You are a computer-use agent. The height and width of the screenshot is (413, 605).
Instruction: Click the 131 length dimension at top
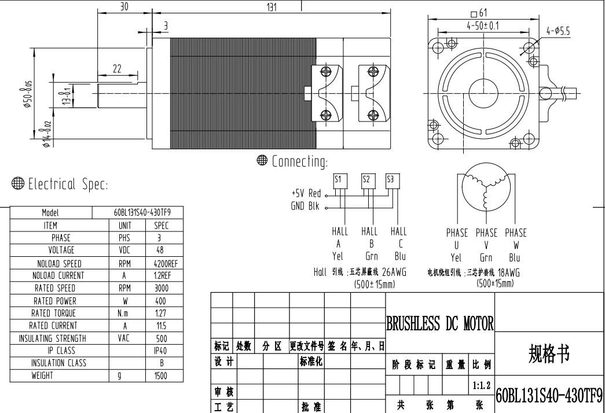click(272, 8)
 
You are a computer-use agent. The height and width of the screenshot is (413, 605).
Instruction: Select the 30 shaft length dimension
click(124, 6)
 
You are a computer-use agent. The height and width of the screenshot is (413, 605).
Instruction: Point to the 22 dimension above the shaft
click(117, 69)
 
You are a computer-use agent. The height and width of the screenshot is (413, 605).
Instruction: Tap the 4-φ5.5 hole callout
click(558, 31)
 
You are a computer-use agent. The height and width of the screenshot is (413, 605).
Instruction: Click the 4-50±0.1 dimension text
click(483, 26)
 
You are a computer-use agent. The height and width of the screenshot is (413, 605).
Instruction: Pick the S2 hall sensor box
click(366, 181)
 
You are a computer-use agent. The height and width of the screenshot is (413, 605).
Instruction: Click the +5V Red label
click(306, 193)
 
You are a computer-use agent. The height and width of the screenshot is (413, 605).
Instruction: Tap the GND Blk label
click(305, 207)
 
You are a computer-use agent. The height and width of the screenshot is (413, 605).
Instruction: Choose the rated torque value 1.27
click(160, 313)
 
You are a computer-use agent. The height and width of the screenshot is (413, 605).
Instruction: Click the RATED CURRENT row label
click(53, 326)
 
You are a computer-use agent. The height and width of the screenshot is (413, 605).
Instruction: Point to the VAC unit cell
click(124, 338)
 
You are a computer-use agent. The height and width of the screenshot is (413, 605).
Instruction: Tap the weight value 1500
click(160, 375)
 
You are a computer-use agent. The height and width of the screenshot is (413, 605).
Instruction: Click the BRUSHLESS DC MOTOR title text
click(440, 323)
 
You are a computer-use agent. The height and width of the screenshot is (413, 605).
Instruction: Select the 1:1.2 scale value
click(482, 385)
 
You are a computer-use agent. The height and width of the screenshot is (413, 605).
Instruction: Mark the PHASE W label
click(516, 239)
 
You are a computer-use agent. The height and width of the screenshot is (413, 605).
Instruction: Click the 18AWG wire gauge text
click(508, 272)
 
